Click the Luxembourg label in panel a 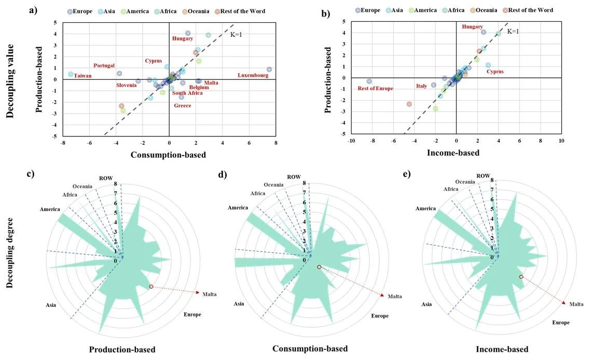[x=253, y=76]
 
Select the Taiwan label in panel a [x=82, y=76]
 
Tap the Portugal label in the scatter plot [x=104, y=66]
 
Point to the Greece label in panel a [x=182, y=106]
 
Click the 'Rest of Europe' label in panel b [x=375, y=89]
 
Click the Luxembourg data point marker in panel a [x=269, y=70]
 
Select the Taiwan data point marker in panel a [x=71, y=74]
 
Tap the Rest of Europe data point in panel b [x=369, y=81]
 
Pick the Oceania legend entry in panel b [x=483, y=10]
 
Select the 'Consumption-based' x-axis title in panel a [x=168, y=155]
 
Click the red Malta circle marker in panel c [x=151, y=286]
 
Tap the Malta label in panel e [x=576, y=304]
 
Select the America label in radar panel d [x=238, y=208]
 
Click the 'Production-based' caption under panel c [x=122, y=350]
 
